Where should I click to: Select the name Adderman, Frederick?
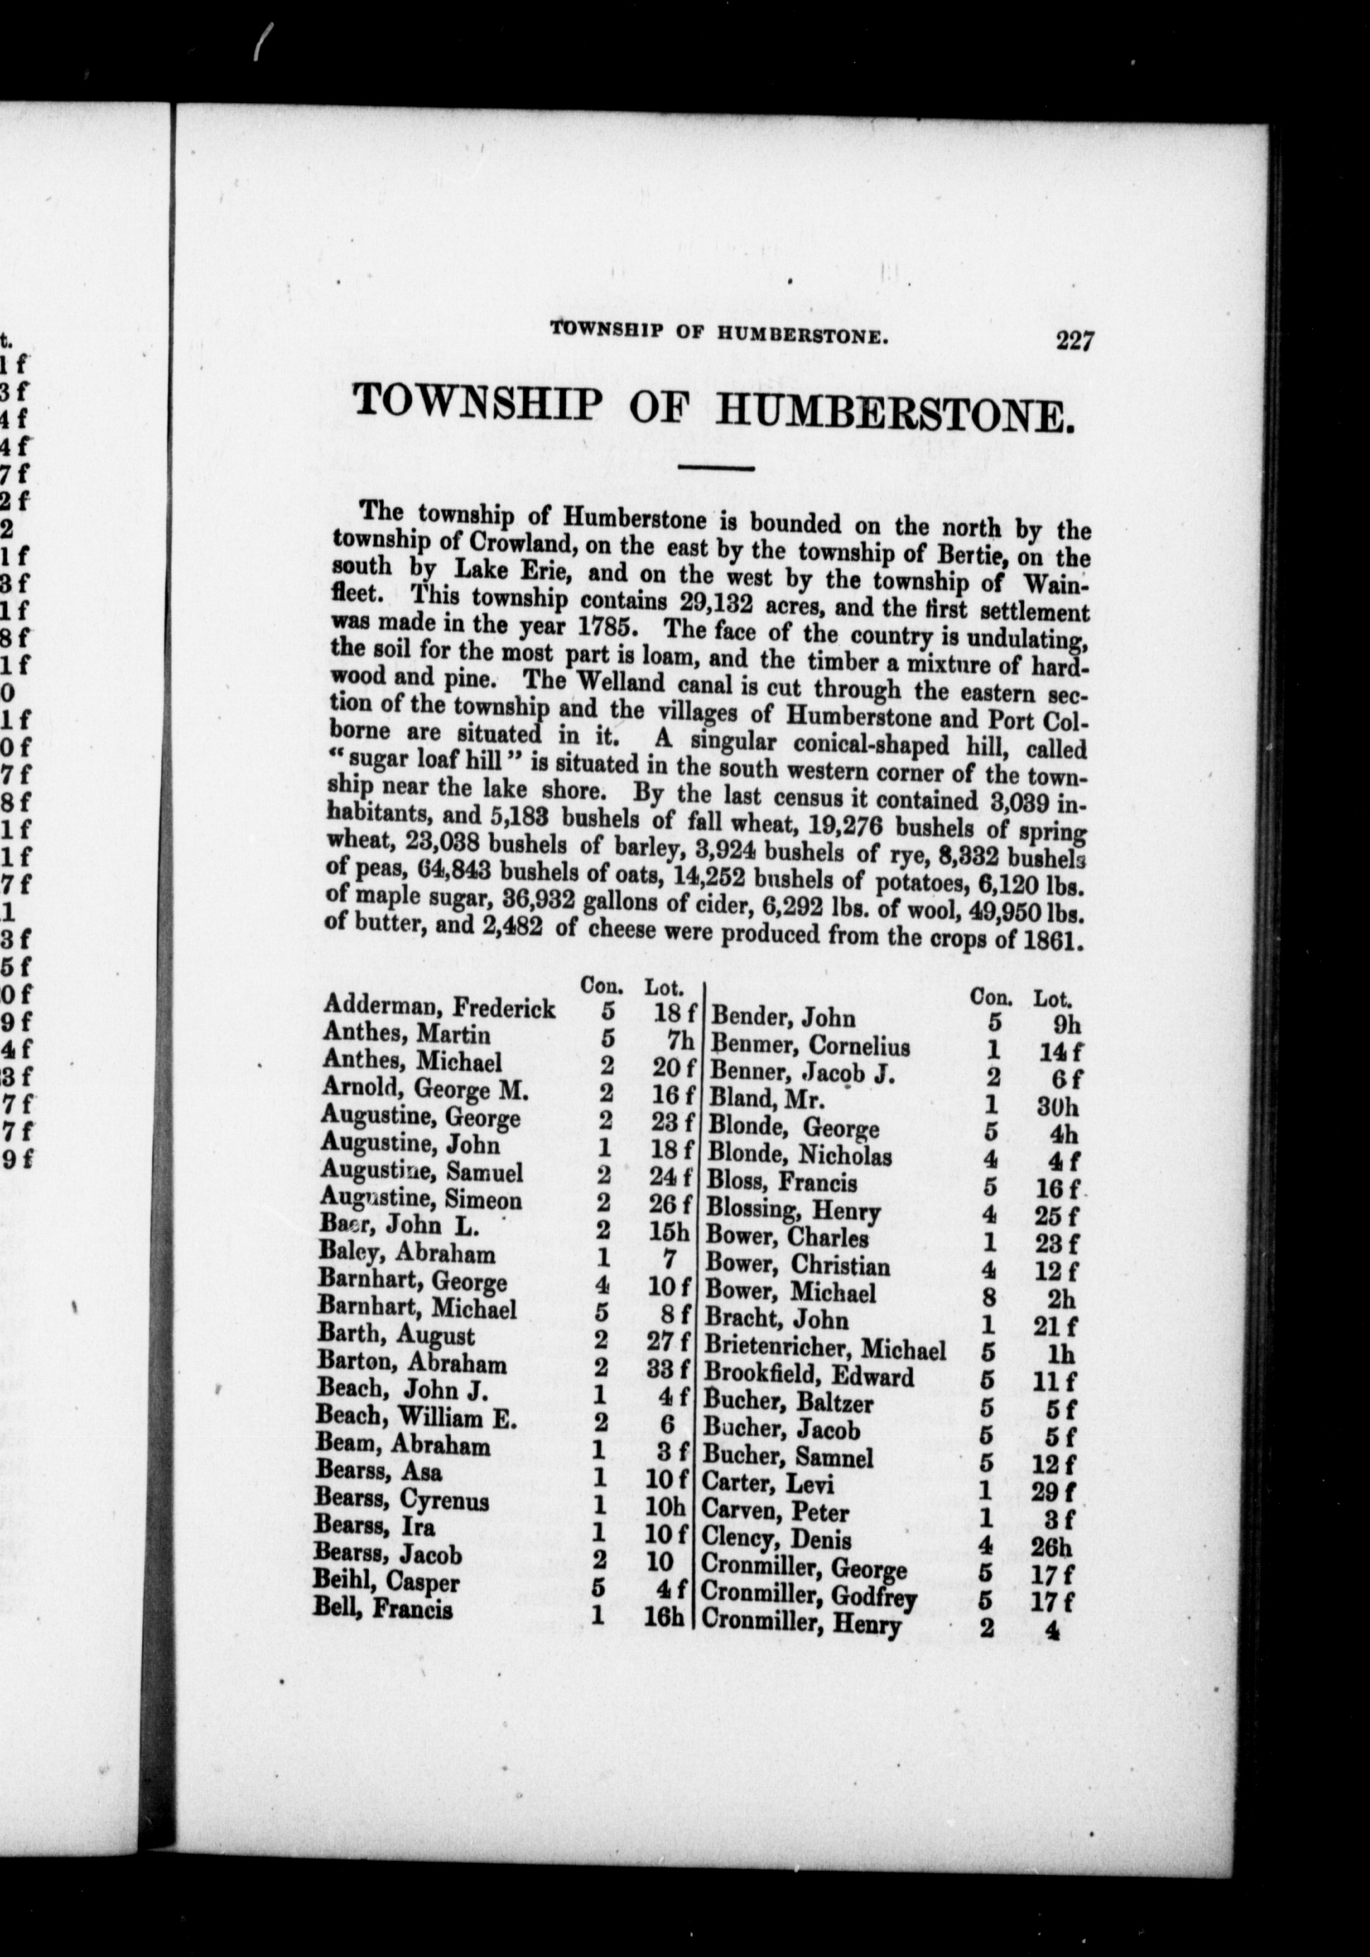pyautogui.click(x=439, y=1008)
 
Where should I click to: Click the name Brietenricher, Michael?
pyautogui.click(x=825, y=1349)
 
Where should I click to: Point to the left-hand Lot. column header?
pyautogui.click(x=664, y=987)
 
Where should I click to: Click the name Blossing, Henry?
pyautogui.click(x=793, y=1211)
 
